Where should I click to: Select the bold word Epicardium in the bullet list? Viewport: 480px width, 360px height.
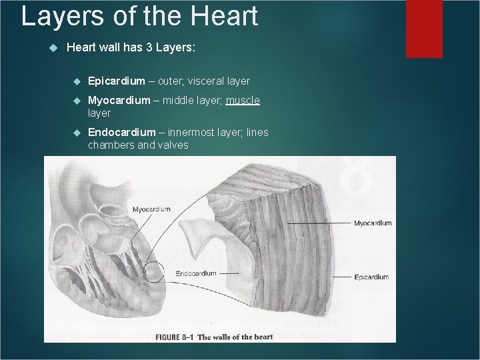116,81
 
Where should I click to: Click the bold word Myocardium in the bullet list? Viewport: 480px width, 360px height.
119,100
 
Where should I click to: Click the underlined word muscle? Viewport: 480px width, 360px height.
243,100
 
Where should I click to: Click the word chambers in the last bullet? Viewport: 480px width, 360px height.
110,145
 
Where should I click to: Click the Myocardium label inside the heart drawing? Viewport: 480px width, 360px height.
151,209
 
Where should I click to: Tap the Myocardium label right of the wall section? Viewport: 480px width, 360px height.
373,223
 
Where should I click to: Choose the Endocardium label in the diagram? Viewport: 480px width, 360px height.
197,273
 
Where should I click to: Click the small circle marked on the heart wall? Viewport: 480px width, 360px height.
154,272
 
